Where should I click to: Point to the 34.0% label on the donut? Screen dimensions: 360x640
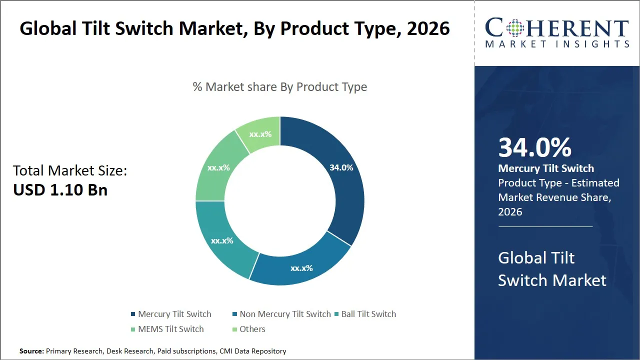point(341,167)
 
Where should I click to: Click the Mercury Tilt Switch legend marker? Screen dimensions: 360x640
point(133,314)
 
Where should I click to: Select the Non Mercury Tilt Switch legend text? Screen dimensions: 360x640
point(285,314)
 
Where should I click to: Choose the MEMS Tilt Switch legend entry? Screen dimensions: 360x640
point(170,329)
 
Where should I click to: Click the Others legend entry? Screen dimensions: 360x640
point(252,329)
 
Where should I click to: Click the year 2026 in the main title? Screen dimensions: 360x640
point(428,28)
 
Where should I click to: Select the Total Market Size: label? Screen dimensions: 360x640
point(70,170)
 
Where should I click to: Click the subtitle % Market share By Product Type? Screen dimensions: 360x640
point(279,87)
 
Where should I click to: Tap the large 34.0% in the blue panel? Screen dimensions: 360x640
point(534,147)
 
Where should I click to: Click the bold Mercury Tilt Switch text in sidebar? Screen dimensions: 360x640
point(546,168)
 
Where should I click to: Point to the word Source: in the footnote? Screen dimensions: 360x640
point(31,351)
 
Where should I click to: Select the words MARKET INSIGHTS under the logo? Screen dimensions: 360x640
point(557,44)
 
